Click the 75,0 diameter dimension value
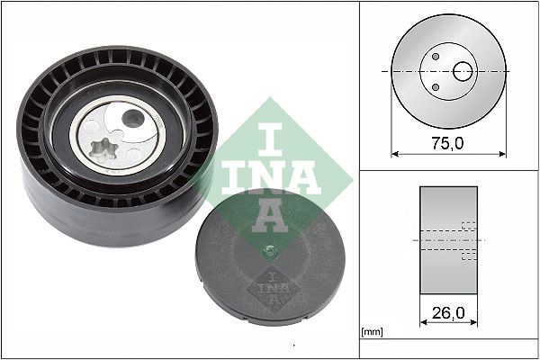(x=447, y=143)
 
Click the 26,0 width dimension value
(x=448, y=313)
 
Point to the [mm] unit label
(x=373, y=332)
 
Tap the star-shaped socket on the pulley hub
(x=103, y=150)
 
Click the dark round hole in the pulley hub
(x=133, y=118)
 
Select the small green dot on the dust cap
(x=268, y=252)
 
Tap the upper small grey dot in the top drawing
(x=436, y=56)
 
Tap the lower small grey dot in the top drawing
(x=436, y=87)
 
